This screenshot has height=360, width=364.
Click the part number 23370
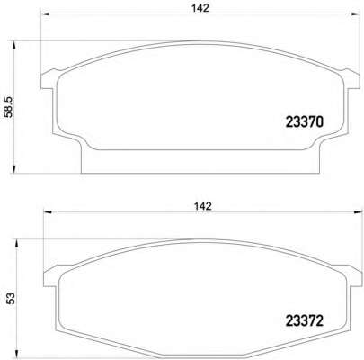(x=305, y=122)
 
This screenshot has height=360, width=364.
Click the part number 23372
(x=305, y=320)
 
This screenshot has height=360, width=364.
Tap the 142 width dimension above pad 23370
(x=200, y=8)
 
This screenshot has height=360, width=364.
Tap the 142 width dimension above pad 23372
(x=203, y=206)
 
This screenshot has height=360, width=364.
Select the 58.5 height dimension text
(x=10, y=106)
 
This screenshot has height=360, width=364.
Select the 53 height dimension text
(x=11, y=299)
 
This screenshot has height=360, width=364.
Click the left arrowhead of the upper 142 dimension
(x=45, y=13)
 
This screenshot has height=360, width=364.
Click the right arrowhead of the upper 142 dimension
(x=355, y=13)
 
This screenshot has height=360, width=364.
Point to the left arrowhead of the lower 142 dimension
(x=49, y=212)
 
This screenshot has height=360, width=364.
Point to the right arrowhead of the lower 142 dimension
(x=359, y=212)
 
